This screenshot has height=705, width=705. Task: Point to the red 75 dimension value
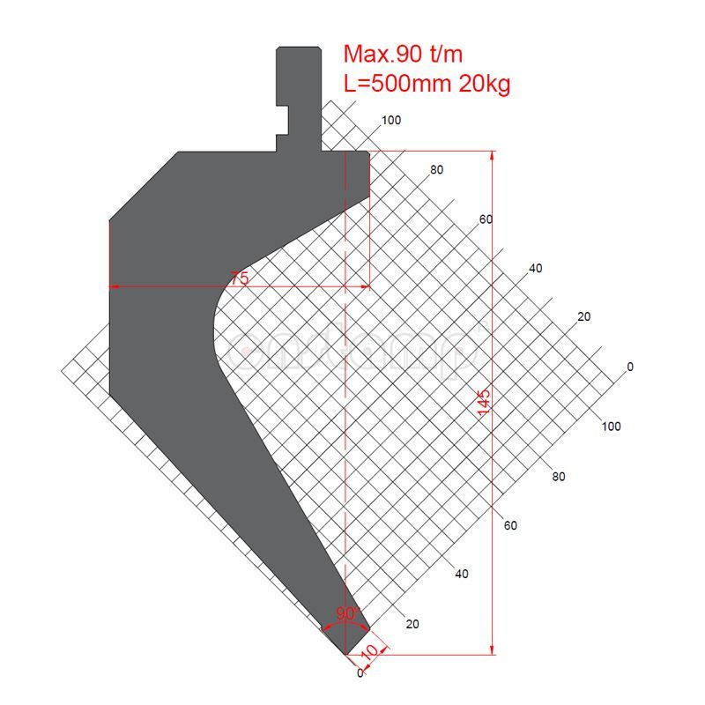click(239, 278)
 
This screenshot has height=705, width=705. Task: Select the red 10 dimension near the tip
click(370, 651)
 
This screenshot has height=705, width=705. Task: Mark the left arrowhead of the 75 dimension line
click(113, 286)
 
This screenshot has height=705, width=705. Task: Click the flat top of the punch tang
click(297, 47)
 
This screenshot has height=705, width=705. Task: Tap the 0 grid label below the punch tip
click(360, 673)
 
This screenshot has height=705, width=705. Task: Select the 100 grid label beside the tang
click(391, 121)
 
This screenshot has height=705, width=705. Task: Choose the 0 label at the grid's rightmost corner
click(629, 367)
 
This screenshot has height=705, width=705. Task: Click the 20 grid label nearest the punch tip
click(412, 624)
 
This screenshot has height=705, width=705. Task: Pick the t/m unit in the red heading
click(446, 54)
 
